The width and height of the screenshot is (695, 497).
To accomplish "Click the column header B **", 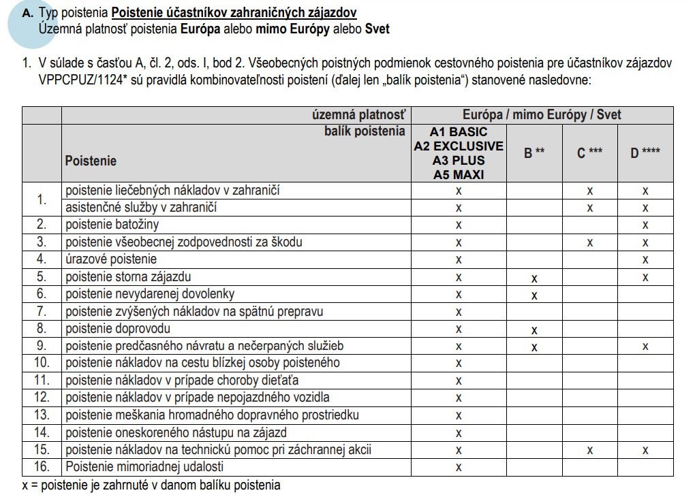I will tap(534, 153).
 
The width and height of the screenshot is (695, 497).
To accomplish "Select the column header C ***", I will tap(590, 153).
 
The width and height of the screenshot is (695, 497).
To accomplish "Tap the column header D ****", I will tap(645, 153).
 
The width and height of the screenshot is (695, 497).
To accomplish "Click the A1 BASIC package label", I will tap(459, 131).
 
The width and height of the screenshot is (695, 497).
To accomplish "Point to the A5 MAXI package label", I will tap(459, 174).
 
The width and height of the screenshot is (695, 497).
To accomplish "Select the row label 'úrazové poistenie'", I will tap(111, 259).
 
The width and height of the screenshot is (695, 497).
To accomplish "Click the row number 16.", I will tap(42, 467).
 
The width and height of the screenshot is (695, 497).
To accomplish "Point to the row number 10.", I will tap(42, 363).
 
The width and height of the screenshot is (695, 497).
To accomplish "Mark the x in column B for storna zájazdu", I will tap(534, 278).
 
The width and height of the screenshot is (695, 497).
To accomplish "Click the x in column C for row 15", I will tap(590, 450).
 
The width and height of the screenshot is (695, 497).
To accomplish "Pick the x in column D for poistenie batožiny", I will tap(645, 225).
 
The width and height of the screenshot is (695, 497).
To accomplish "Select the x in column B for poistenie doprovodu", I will tap(534, 330).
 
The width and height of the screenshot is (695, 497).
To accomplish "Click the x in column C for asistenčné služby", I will tap(590, 208).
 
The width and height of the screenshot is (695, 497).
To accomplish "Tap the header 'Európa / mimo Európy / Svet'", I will tap(542, 115).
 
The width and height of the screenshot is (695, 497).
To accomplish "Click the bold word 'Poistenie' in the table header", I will tap(91, 161).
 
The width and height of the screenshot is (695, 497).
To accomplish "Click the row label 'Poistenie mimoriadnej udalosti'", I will tap(144, 467).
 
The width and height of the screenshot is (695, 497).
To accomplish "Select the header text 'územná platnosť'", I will tap(358, 115).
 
